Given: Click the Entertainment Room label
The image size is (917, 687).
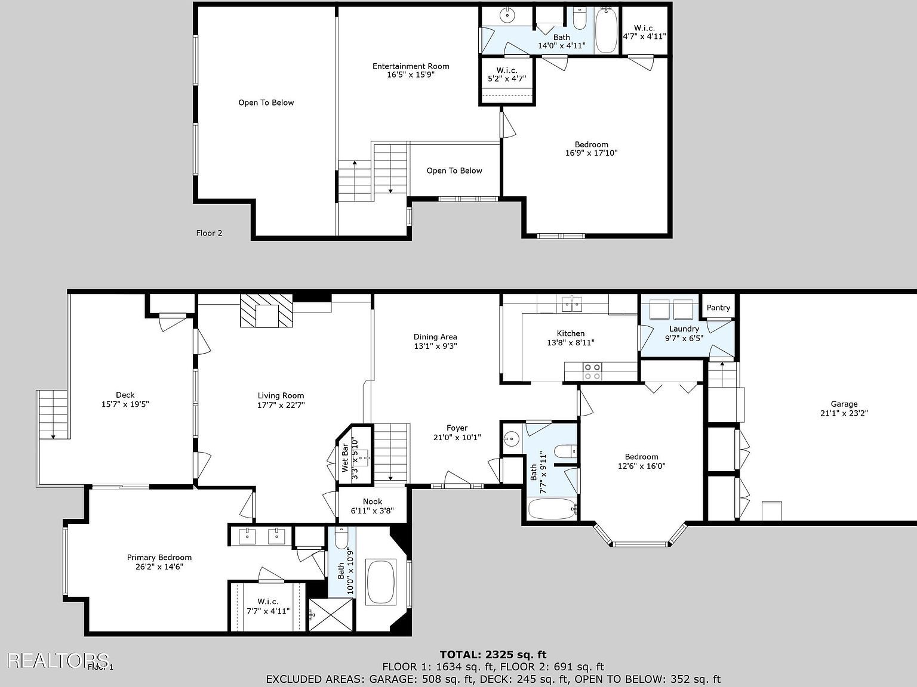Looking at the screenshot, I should click(x=411, y=66).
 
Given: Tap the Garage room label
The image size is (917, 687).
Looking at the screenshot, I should click(x=844, y=404).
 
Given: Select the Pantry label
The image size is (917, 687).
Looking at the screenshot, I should click(x=718, y=308).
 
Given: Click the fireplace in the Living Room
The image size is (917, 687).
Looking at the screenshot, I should click(x=267, y=311).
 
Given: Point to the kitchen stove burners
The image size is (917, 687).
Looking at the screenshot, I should click(x=592, y=372).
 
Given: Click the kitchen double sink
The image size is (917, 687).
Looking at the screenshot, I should click(x=572, y=304).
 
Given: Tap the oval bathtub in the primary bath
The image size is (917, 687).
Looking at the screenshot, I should click(x=381, y=581).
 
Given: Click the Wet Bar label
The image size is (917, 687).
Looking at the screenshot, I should click(x=345, y=457).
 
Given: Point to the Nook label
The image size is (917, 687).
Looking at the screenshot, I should click(x=373, y=502).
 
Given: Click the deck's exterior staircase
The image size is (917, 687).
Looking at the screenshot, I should click(x=53, y=415).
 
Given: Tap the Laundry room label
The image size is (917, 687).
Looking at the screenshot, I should click(x=684, y=329).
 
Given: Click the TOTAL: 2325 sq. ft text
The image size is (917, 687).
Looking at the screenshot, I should click(x=493, y=655).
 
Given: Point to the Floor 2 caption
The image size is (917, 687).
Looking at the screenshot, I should click(x=209, y=233).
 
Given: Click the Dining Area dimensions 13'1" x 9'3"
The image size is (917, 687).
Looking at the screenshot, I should click(x=435, y=346).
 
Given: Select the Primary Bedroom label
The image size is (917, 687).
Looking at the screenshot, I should click(x=159, y=558).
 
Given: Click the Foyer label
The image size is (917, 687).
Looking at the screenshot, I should click(x=457, y=428).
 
